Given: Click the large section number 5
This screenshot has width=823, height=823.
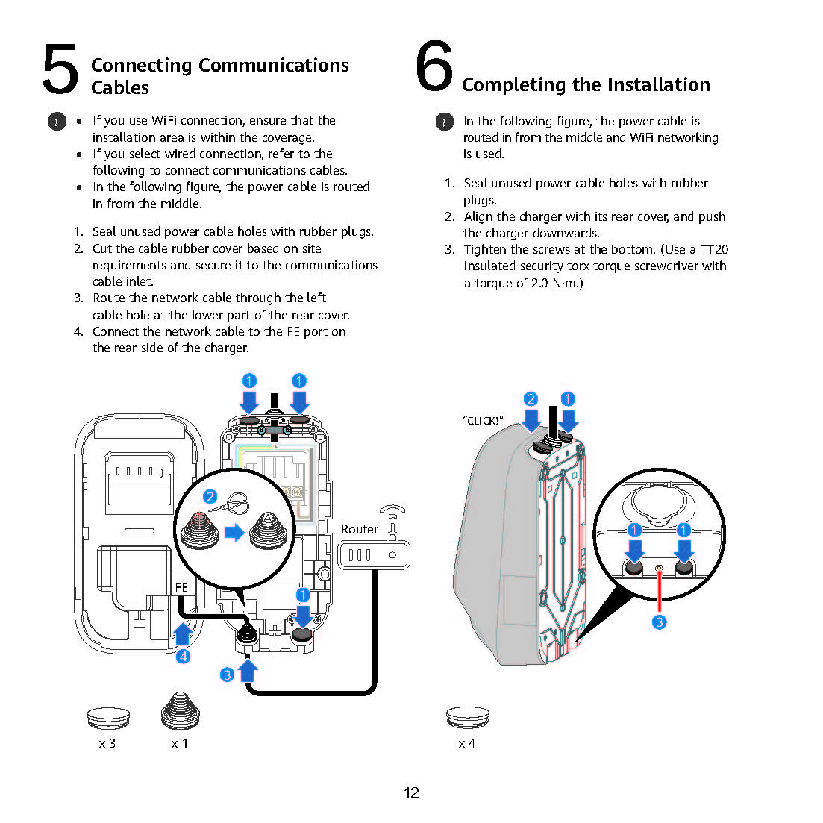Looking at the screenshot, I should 60,69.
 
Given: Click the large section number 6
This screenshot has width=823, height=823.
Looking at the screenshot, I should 434,66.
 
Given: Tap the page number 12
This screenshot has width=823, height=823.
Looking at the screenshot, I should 411,793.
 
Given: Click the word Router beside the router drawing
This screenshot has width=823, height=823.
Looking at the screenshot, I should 360,529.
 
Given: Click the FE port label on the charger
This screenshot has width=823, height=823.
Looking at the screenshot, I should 181,587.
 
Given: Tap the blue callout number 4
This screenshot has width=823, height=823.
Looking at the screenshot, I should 183,657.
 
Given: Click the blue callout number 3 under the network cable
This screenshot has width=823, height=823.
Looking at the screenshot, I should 228,675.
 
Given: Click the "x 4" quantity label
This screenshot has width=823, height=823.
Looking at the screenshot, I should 467,743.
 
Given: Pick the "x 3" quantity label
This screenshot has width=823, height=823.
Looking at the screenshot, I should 107,743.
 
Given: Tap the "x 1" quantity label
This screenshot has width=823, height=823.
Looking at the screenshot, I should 180,743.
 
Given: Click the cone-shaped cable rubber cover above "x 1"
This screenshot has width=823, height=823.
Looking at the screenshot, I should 180,711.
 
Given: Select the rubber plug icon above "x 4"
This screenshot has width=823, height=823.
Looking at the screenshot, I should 467,718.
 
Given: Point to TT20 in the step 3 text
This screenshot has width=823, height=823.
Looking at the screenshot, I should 714,249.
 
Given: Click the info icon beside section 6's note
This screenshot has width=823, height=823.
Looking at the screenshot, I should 444,122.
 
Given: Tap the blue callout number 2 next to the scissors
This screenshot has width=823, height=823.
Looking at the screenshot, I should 210,497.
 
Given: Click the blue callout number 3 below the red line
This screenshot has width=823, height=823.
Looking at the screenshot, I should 659,622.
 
